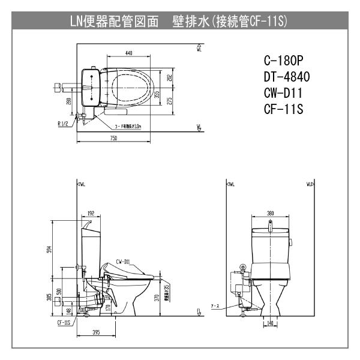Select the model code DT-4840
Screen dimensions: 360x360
point(287,77)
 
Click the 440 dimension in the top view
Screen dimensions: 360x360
point(129,53)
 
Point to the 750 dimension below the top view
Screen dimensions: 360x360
point(113,138)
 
